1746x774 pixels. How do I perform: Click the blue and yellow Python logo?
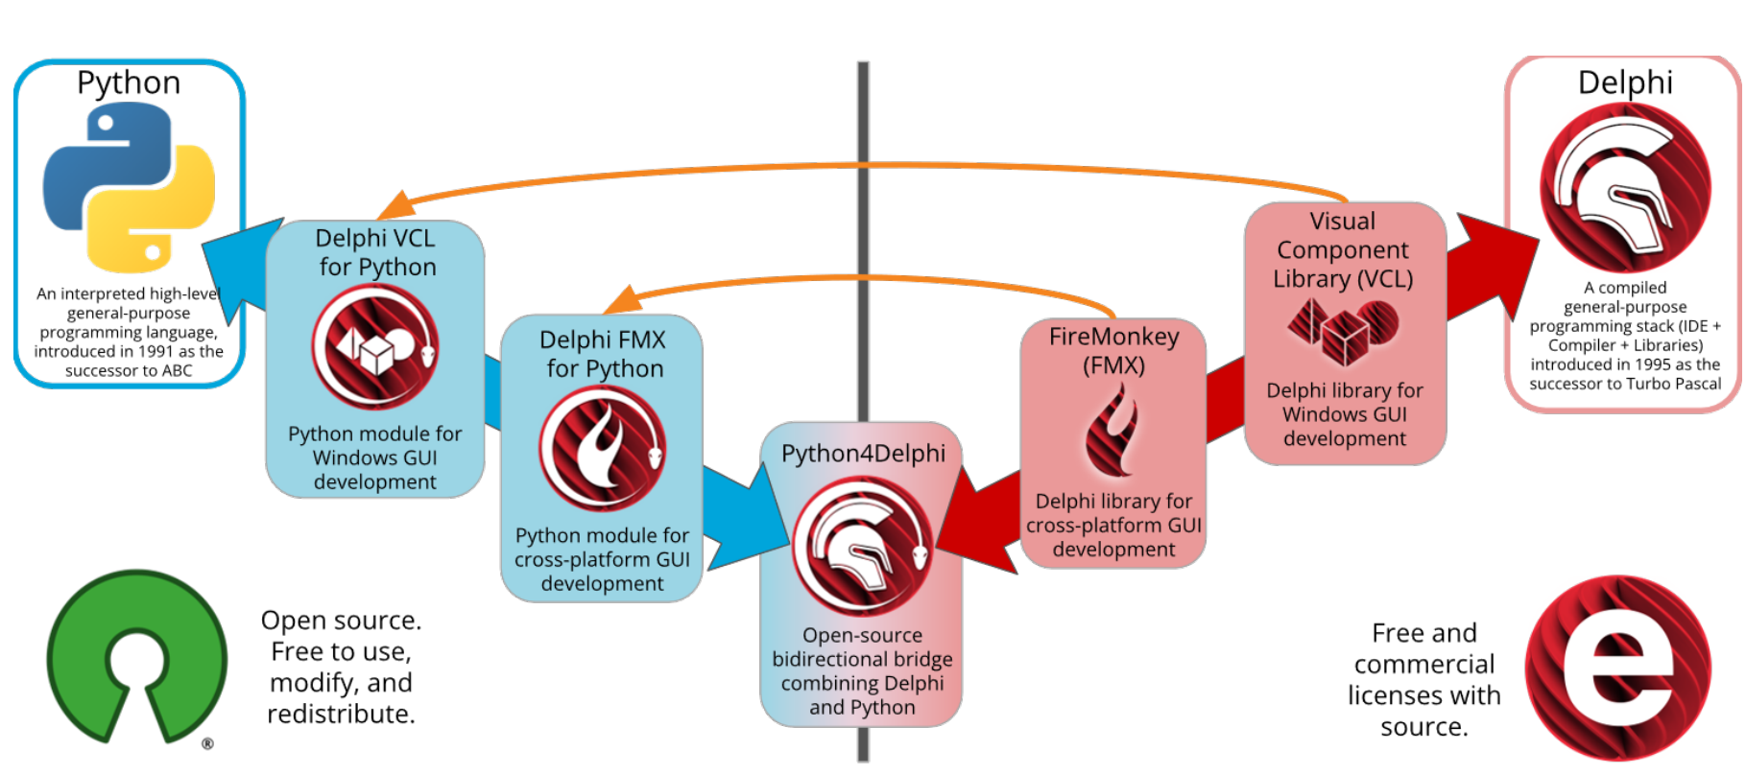[x=129, y=187]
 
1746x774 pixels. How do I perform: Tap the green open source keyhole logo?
[x=137, y=657]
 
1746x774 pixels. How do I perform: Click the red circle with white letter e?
[x=1618, y=668]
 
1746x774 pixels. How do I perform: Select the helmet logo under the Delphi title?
[x=1625, y=187]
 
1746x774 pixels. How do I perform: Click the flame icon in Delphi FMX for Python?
[x=603, y=447]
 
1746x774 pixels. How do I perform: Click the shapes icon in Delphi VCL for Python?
[x=375, y=347]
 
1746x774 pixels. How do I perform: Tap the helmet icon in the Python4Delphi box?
[x=862, y=545]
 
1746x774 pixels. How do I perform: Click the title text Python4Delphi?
[x=863, y=454]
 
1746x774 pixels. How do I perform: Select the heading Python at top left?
[x=129, y=82]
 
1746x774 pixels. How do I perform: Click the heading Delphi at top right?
[x=1625, y=82]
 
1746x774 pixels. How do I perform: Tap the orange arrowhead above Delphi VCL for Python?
[x=396, y=205]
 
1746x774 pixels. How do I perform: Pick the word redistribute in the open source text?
[x=340, y=715]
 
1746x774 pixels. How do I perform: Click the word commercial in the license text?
[x=1424, y=665]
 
